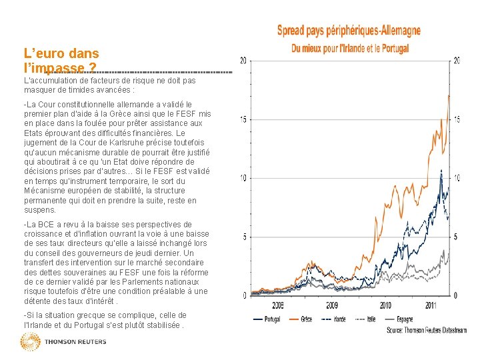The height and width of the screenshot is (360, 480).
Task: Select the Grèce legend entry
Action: tap(306, 319)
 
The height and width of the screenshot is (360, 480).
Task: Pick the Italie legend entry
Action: tap(372, 319)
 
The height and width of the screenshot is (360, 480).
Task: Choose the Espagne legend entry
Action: tap(404, 319)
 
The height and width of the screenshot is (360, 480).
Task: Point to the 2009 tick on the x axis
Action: tap(332, 305)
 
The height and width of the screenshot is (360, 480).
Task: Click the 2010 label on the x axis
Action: tap(385, 305)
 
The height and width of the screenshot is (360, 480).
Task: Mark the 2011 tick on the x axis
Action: tap(430, 305)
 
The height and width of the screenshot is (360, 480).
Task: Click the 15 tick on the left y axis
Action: tap(243, 119)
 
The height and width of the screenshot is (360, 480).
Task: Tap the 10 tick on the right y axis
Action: tap(457, 178)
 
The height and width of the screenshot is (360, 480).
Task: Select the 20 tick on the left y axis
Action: tap(243, 61)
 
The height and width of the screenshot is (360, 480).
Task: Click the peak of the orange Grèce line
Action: tap(449, 96)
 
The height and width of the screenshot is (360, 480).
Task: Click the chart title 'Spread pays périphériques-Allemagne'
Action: tap(349, 31)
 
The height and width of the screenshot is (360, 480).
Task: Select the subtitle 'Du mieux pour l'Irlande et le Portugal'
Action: tap(349, 48)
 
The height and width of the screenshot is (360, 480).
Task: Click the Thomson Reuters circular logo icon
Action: tap(31, 342)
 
